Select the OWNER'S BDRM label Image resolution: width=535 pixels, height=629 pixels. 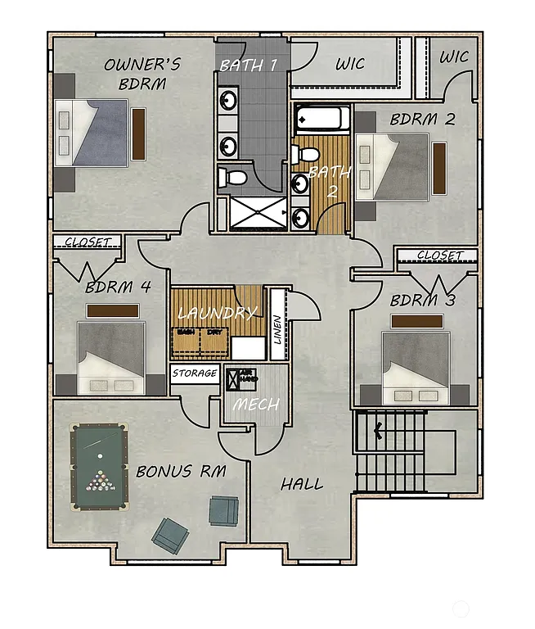coord(142,74)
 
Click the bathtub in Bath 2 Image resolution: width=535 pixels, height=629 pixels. coord(321,120)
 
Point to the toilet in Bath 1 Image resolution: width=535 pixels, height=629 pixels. coord(234,175)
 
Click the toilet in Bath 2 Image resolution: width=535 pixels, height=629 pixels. coord(306,154)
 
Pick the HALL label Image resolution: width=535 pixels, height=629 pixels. coord(301,484)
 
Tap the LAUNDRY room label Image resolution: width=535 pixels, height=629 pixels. coord(218,313)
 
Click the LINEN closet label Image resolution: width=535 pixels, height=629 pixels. coord(277,337)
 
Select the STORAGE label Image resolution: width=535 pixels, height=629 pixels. coord(196,373)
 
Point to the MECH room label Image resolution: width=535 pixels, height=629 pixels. coord(256,405)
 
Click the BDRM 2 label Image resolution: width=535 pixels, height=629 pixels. coord(422,119)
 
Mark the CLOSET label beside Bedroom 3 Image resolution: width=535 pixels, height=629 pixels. coord(439,256)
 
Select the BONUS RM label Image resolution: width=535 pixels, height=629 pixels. coord(181,472)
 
